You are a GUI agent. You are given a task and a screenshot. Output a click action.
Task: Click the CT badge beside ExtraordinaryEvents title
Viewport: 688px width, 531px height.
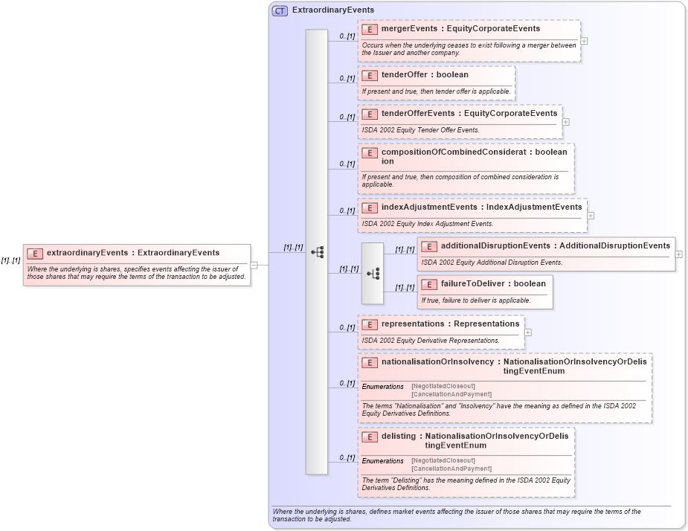280,10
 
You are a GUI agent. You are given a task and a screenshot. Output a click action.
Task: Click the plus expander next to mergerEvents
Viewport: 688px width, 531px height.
584,41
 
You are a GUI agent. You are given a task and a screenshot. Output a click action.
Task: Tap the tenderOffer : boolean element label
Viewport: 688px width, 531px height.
425,75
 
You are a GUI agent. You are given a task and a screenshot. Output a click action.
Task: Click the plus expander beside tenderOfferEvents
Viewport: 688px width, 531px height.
566,122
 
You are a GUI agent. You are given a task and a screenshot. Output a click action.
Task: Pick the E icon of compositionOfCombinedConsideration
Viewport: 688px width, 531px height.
370,152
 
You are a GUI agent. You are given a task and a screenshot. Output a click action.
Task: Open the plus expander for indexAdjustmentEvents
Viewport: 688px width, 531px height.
591,216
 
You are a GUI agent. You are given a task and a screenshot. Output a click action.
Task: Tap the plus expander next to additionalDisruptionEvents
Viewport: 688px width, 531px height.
679,254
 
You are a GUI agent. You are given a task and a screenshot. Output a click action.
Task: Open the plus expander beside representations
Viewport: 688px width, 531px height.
528,332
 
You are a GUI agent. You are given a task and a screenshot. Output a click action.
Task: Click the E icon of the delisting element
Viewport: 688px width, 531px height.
370,437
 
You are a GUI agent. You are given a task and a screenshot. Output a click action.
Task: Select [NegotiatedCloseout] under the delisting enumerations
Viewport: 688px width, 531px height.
443,460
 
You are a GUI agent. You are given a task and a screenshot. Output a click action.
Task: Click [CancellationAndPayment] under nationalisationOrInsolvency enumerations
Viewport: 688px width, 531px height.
451,394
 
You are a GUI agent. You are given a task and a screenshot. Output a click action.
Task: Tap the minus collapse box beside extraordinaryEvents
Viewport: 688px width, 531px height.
254,264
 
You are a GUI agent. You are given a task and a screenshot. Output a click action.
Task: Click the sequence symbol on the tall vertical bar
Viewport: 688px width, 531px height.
317,252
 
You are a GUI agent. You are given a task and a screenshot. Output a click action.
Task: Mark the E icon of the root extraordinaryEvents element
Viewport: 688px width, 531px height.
35,253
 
